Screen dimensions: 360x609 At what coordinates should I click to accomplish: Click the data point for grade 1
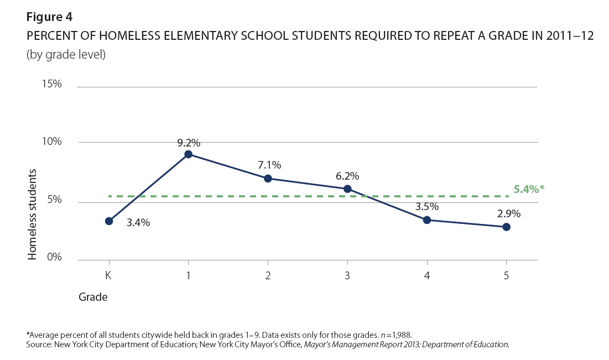pos(189,154)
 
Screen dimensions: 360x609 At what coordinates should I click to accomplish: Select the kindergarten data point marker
pos(109,221)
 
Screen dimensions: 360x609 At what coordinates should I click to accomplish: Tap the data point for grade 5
pos(506,227)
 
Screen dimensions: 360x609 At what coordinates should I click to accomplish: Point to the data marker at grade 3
pos(347,189)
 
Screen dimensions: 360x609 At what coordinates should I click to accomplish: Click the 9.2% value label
pos(189,143)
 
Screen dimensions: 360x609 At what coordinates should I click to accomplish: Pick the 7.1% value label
pos(269,165)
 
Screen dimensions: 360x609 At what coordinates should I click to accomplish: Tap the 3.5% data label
pos(427,207)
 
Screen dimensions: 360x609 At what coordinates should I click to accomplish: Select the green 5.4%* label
pos(529,189)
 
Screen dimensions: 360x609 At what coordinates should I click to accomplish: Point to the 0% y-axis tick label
pos(54,257)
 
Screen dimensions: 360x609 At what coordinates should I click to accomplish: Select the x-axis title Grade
pos(92,298)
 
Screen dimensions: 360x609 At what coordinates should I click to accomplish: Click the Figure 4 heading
pos(49,16)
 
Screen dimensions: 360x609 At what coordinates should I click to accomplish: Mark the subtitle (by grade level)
pos(66,55)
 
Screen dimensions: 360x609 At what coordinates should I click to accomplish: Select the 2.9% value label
pos(508,213)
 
